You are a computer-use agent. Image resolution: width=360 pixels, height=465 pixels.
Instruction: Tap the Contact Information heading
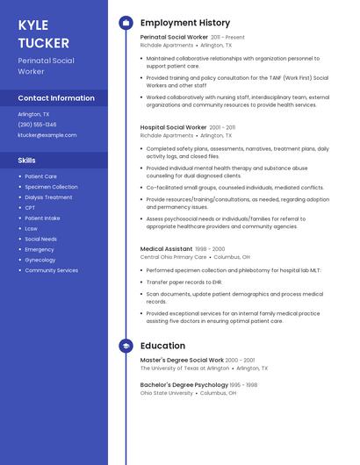(x=56, y=98)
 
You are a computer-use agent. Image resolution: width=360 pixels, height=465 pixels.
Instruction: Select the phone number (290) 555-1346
(x=37, y=125)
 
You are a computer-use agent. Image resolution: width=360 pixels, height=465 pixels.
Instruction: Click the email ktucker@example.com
(x=47, y=135)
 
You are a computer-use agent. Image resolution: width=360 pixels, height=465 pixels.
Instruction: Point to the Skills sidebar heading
(x=27, y=161)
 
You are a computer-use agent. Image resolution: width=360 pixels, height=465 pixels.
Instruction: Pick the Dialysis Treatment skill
(x=48, y=197)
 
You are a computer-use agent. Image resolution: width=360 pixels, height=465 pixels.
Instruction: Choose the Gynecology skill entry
(x=40, y=260)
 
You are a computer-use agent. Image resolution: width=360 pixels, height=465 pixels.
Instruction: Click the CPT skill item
(x=30, y=208)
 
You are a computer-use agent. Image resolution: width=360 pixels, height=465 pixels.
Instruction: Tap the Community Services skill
(x=51, y=270)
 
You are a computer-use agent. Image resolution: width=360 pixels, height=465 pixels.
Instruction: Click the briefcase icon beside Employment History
(x=126, y=23)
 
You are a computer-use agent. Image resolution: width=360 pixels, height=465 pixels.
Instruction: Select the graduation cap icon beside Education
(x=126, y=347)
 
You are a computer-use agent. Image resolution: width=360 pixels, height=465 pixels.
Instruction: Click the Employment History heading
(x=185, y=23)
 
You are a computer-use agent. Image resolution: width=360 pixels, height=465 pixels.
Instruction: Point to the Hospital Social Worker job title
(x=173, y=127)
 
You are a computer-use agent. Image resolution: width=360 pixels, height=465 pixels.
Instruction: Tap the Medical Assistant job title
(x=166, y=249)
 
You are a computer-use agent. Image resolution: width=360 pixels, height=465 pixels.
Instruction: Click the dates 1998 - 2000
(x=210, y=249)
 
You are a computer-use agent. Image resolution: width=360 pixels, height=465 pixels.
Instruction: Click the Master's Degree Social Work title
(x=182, y=361)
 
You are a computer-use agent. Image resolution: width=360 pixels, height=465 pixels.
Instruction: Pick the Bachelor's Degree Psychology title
(x=183, y=384)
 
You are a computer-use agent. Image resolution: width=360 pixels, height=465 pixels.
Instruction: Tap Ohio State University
(x=167, y=393)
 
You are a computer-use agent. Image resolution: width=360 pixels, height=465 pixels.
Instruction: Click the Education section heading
(x=162, y=346)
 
